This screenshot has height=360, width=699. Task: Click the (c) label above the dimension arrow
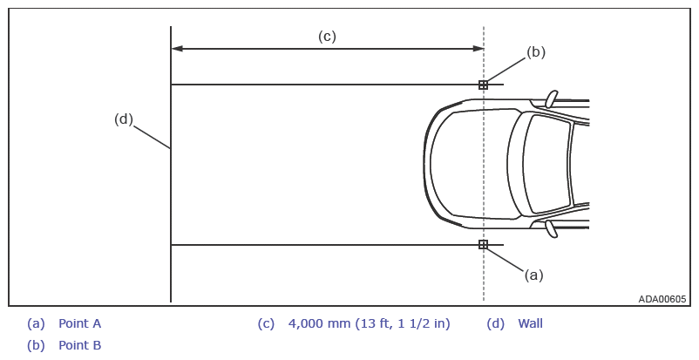point(327,36)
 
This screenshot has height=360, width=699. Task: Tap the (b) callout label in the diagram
point(536,52)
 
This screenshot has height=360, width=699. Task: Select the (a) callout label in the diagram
point(533,275)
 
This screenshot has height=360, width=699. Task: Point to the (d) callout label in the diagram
point(124,119)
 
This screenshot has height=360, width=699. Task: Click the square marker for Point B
point(483,85)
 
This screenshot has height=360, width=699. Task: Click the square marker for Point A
point(483,244)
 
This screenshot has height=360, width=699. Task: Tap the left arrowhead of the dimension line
point(177,49)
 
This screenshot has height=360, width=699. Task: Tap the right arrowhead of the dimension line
point(478,49)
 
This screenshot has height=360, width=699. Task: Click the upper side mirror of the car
point(552,98)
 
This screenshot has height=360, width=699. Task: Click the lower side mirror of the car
point(552,228)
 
